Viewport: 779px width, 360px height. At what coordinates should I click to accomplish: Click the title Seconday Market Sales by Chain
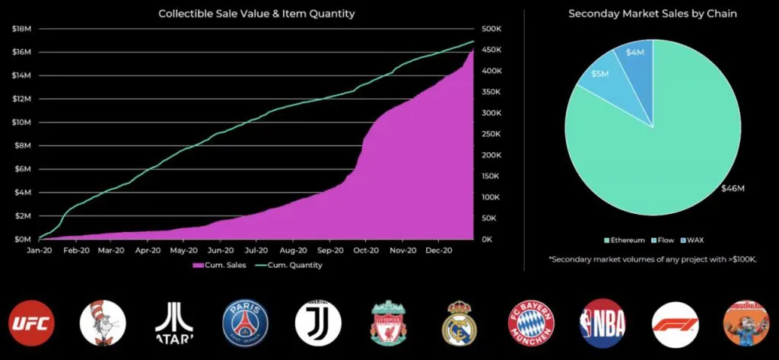pos(652,14)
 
